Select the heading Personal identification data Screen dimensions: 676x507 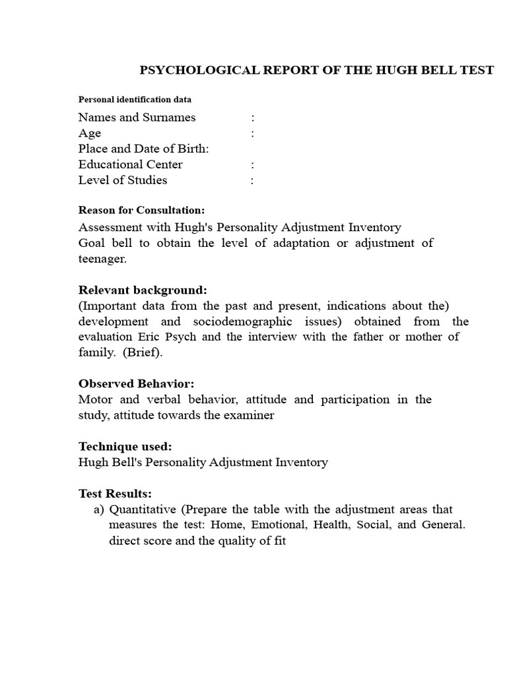click(x=135, y=100)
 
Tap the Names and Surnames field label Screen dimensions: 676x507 click(x=137, y=118)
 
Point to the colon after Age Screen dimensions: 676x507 click(x=253, y=133)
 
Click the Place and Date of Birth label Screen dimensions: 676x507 click(x=143, y=149)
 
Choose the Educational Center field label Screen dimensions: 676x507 click(x=130, y=164)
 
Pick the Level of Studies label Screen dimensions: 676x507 click(x=123, y=180)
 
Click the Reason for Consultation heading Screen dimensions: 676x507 click(x=141, y=211)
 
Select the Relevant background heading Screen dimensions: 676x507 click(x=143, y=290)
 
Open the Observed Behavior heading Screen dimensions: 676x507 click(x=137, y=384)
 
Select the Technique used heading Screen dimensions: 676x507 click(x=125, y=446)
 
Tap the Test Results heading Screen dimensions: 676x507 click(x=115, y=494)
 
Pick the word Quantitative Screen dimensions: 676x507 click(x=143, y=510)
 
